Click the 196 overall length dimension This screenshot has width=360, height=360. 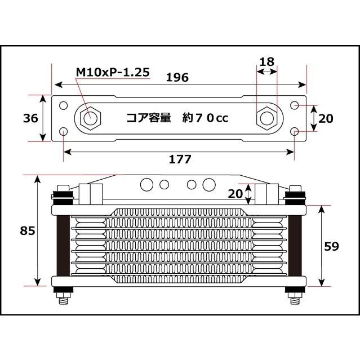[177, 77]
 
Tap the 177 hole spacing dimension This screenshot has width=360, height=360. [180, 159]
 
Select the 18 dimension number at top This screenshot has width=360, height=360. [267, 61]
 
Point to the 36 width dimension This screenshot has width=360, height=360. [30, 118]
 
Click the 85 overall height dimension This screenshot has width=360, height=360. [27, 230]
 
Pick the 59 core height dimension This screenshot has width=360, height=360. [331, 246]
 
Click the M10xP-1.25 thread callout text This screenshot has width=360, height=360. [113, 72]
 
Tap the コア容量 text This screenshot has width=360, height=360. [149, 118]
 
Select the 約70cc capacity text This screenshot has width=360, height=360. [206, 118]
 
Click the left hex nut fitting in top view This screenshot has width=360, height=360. [91, 118]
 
